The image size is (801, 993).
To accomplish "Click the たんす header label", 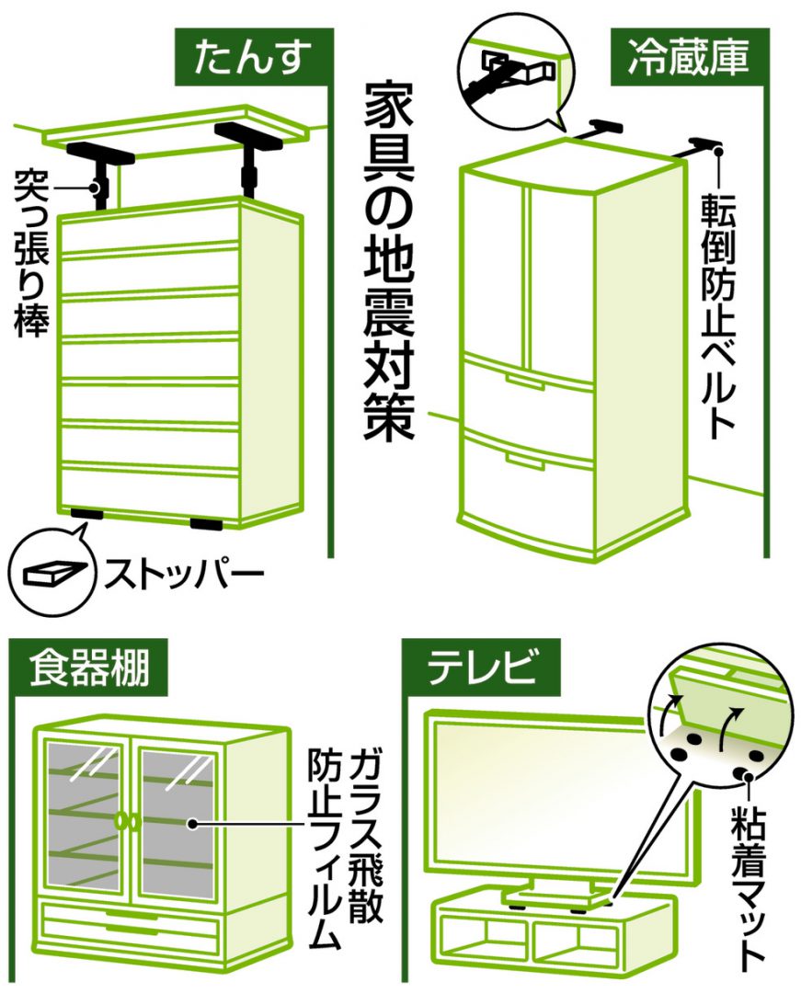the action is click(253, 57).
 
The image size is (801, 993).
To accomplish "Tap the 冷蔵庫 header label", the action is click(689, 56).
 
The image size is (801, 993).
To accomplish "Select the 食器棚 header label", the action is click(89, 668).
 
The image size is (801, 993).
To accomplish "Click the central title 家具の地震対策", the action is click(389, 262).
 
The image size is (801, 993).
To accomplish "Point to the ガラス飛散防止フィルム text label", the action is click(345, 848).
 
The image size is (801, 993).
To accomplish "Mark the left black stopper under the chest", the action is click(86, 514).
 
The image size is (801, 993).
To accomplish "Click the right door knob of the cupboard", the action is click(135, 821).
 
